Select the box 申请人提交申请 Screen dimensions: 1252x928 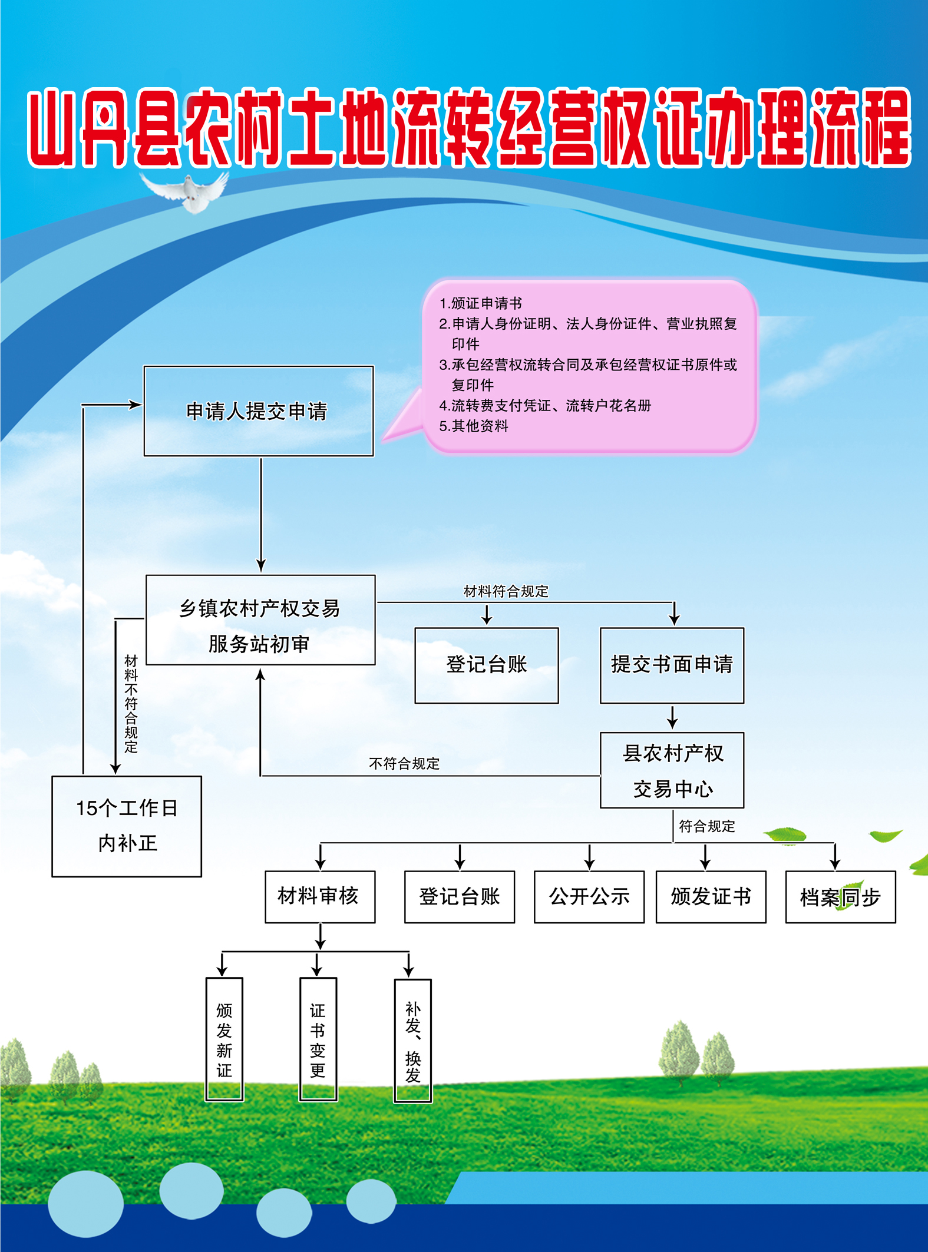point(258,411)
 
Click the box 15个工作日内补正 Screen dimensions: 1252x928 point(127,826)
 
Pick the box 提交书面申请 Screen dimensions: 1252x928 point(672,665)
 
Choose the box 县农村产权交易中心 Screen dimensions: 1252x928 point(672,770)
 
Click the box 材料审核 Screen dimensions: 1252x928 point(319,896)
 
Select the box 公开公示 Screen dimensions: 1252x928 point(589,897)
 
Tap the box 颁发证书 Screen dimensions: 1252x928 point(711,897)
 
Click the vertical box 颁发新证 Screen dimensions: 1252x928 point(224,1039)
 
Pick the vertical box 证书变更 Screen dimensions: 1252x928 point(318,1039)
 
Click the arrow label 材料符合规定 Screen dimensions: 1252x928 point(506,591)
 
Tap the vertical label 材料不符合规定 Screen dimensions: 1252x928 point(131,704)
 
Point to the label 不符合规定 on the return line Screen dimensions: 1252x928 point(404,764)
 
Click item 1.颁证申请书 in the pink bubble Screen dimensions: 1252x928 point(481,303)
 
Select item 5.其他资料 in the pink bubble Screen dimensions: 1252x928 point(474,426)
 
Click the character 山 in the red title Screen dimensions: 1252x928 point(52,128)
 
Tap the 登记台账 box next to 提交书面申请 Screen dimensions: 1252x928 point(486,665)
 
